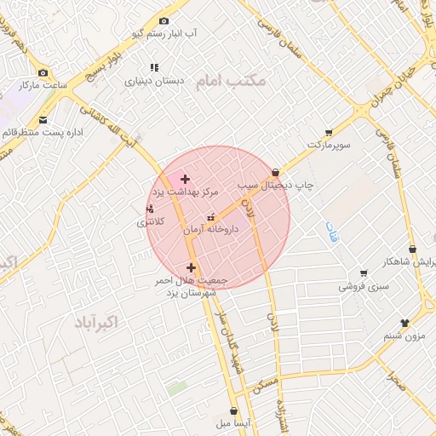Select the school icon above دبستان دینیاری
tap(154, 67)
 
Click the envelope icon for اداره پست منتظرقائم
tap(43, 119)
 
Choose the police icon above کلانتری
tap(150, 209)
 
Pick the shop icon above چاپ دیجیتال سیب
tap(274, 172)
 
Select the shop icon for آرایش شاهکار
tap(413, 249)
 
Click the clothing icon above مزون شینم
tap(404, 323)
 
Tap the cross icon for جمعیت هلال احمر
tap(190, 267)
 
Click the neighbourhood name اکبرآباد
tap(95, 322)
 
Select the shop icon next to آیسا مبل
tap(232, 410)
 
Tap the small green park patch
tap(177, 387)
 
